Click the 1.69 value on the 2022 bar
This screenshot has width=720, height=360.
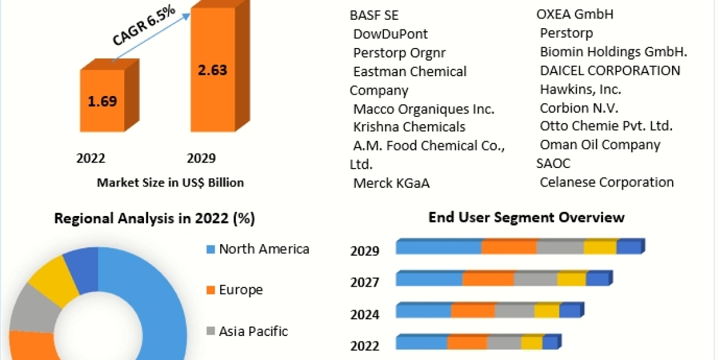(x=103, y=101)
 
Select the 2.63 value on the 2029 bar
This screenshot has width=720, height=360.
(x=212, y=70)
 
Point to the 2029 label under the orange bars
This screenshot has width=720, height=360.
(x=201, y=158)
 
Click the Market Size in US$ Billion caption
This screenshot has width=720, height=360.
(x=170, y=182)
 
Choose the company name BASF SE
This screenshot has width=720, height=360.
(x=374, y=15)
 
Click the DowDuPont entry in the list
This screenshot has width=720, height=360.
(x=391, y=34)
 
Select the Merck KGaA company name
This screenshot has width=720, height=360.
(x=392, y=183)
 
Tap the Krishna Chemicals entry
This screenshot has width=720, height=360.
(x=409, y=127)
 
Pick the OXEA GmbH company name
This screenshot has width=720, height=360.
(x=567, y=14)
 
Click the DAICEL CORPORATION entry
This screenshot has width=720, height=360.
(x=610, y=71)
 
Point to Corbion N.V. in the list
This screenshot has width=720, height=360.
(x=579, y=109)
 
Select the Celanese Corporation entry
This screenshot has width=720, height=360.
(x=607, y=182)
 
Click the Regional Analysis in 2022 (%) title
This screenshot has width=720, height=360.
(x=155, y=219)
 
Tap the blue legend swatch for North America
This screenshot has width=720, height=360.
(x=210, y=249)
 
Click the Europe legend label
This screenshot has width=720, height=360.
(x=241, y=290)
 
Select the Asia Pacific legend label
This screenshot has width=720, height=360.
(x=253, y=331)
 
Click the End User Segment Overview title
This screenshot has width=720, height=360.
(x=527, y=217)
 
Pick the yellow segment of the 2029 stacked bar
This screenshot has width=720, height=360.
(x=600, y=247)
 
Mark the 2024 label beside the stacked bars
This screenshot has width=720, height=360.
(x=365, y=314)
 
